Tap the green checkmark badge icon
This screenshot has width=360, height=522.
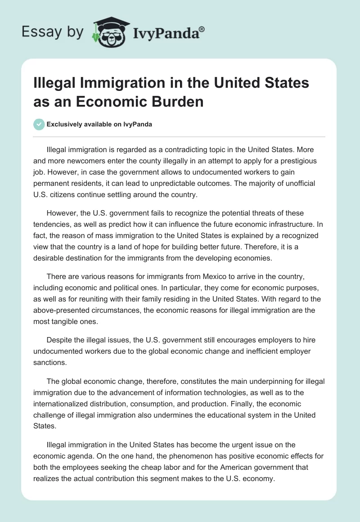tap(39, 124)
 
